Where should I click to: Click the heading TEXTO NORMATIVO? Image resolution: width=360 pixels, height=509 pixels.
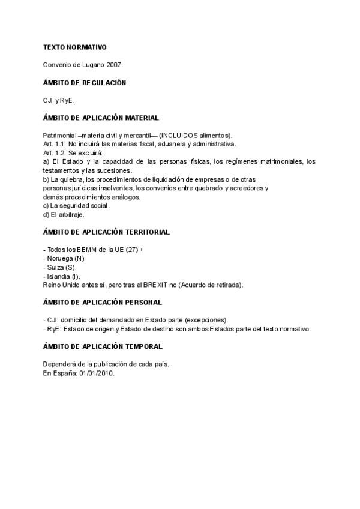coord(74,47)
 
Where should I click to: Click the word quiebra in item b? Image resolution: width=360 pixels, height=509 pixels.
coord(71,179)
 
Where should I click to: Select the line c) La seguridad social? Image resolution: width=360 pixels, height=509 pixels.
coord(76,206)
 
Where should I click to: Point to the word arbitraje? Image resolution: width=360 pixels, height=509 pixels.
coord(71,215)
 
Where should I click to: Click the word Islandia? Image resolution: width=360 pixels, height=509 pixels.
coord(58,276)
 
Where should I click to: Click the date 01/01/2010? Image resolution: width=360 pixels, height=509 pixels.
coord(96,373)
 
